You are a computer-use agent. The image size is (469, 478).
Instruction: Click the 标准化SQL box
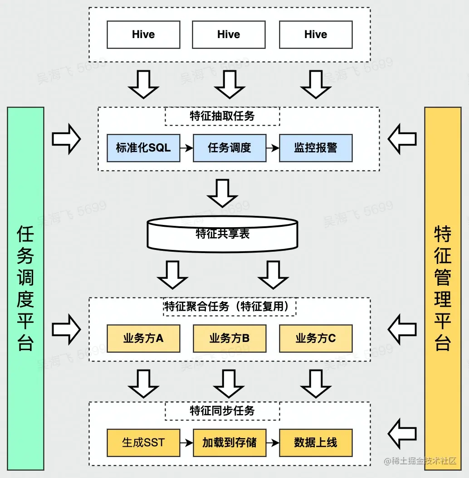tap(143, 148)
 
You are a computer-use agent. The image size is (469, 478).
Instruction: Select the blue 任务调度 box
tap(229, 148)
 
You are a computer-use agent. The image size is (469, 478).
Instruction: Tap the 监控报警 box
tap(315, 148)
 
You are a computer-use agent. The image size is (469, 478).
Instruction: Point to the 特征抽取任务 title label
tap(222, 116)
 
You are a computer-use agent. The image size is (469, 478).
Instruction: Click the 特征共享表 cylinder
tap(222, 234)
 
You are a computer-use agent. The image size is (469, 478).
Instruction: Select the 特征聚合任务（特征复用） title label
tap(229, 307)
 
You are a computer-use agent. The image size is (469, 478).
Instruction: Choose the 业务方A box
tap(143, 338)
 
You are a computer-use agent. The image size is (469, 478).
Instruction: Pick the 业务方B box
tap(229, 338)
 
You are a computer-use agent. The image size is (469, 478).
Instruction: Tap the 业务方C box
tap(315, 338)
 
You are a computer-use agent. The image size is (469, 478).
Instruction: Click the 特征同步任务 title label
tap(222, 411)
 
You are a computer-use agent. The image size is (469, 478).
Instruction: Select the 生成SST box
tap(143, 443)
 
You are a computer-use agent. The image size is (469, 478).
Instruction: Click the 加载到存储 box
tap(229, 443)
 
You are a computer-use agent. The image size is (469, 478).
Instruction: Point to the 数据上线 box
tap(315, 443)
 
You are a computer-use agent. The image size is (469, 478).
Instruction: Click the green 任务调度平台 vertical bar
tap(26, 288)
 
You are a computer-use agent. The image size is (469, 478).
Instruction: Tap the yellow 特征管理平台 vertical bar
tap(442, 288)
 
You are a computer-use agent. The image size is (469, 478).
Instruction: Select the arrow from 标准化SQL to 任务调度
tap(186, 148)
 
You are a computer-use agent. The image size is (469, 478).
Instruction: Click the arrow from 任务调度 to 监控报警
tap(272, 148)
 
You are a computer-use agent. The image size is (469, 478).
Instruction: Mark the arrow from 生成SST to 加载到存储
tap(186, 443)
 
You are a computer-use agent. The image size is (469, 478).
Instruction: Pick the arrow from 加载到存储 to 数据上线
tap(272, 443)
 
